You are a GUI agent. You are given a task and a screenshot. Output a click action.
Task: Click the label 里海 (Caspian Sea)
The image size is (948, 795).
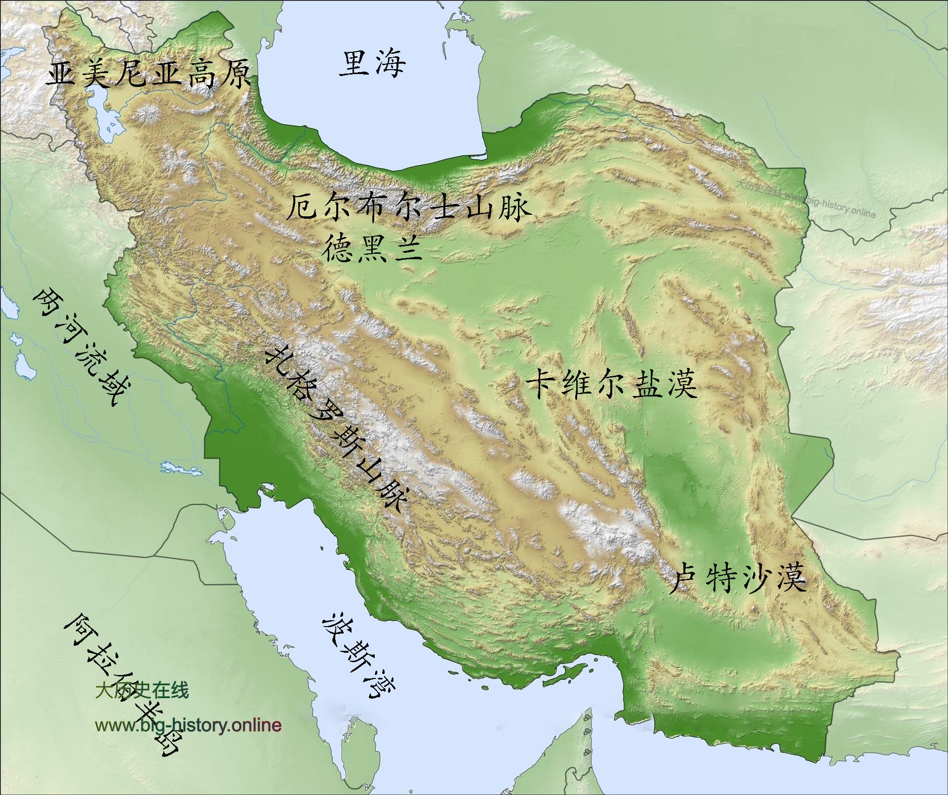(372, 64)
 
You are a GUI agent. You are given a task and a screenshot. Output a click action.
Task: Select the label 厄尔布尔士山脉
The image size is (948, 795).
(409, 207)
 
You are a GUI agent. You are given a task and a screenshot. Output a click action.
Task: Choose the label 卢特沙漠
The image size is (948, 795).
(739, 578)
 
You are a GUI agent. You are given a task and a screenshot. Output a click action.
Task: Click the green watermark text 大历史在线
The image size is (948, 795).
(142, 690)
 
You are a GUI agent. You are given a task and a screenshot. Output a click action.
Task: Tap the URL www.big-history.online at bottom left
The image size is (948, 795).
(188, 725)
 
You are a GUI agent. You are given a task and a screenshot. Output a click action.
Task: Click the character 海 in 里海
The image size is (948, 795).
(389, 65)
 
